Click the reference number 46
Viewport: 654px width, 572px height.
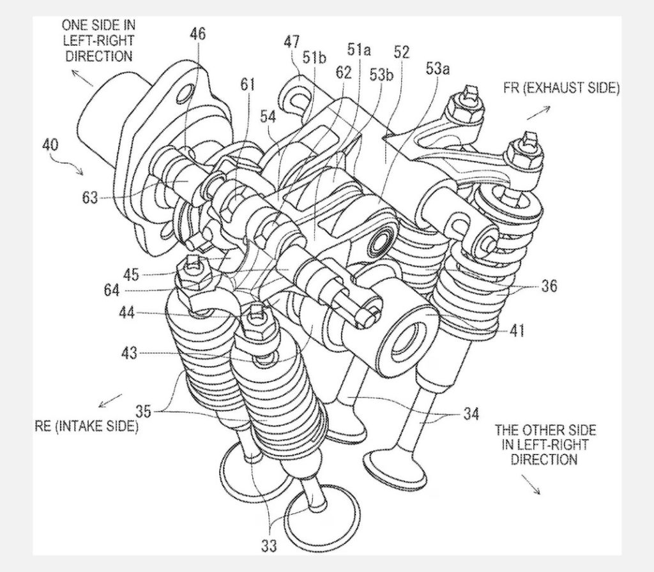(x=198, y=33)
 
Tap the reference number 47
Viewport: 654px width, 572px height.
(x=292, y=42)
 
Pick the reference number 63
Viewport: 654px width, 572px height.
(x=90, y=198)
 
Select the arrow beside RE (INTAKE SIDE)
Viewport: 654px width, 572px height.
(x=110, y=400)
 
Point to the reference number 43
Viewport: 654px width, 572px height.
(x=130, y=352)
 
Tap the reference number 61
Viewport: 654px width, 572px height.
(x=247, y=84)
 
